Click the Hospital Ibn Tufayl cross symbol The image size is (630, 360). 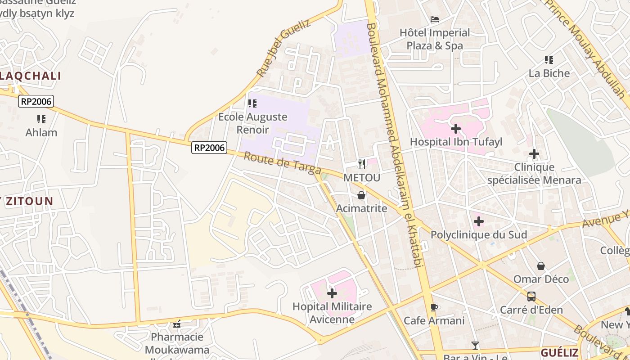coord(455,129)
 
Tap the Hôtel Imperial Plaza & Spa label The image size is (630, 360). coord(435,39)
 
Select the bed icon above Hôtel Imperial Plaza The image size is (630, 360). coord(435,19)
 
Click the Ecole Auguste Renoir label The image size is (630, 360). coord(252,123)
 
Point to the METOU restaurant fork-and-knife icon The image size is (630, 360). coord(362,164)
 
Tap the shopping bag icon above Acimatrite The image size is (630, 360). coord(361,195)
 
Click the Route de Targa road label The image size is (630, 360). coord(282,163)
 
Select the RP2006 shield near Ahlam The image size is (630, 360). coord(36,101)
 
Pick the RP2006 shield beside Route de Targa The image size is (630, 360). coord(209,148)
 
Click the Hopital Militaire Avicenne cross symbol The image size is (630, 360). coord(332,294)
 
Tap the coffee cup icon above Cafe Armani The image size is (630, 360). coord(434,308)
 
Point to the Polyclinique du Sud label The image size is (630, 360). coord(479,235)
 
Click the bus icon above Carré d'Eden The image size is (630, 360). coord(531,297)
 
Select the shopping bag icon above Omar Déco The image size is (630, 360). coord(541,266)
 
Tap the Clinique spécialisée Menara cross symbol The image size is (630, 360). coord(534,154)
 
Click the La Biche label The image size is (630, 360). coord(549,73)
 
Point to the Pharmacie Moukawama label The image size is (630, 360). coord(177,343)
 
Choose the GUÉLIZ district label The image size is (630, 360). coord(559,352)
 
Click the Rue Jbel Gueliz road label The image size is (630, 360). coord(283,48)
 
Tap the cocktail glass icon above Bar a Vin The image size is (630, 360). coord(475,346)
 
